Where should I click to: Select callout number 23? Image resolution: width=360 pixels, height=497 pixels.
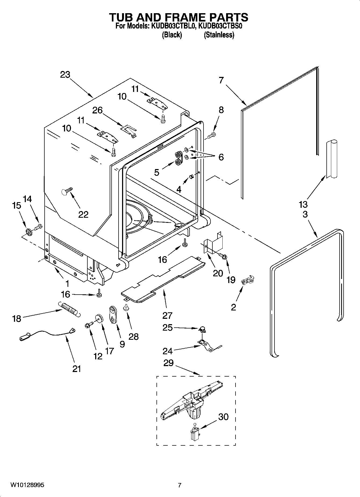tap(65, 74)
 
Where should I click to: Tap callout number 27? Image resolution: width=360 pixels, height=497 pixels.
tap(167, 315)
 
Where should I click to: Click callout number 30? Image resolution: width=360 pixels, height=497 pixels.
tap(223, 417)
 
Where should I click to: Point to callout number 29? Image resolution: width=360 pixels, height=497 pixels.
tap(169, 363)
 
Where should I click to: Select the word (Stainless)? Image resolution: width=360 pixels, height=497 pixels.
tap(219, 35)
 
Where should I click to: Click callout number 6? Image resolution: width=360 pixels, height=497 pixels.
tap(221, 157)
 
